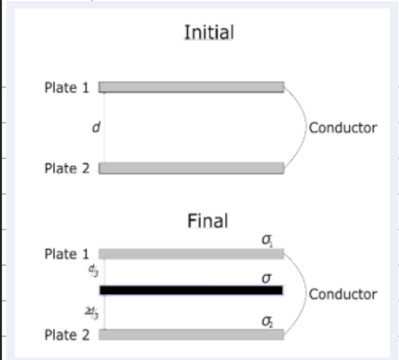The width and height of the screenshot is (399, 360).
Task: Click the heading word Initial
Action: point(209,33)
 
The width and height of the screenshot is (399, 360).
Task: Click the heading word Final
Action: point(208,221)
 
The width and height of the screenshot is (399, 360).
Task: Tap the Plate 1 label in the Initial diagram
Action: point(66,88)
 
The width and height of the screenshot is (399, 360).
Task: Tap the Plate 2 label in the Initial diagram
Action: point(66,168)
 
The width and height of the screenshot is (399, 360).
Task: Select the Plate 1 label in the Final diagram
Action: point(66,254)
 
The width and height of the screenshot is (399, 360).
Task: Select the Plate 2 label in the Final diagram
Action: point(66,335)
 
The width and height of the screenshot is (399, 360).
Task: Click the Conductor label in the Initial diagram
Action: point(342,128)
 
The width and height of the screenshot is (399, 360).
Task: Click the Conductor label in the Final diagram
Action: point(342,294)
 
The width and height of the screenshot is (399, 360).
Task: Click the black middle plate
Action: point(191,290)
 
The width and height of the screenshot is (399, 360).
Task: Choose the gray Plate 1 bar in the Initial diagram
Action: point(191,87)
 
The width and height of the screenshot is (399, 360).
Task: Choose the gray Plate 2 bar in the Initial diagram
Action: point(191,168)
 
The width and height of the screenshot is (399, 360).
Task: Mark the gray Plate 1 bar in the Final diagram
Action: point(191,253)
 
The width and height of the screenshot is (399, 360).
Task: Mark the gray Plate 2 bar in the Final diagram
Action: point(191,334)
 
